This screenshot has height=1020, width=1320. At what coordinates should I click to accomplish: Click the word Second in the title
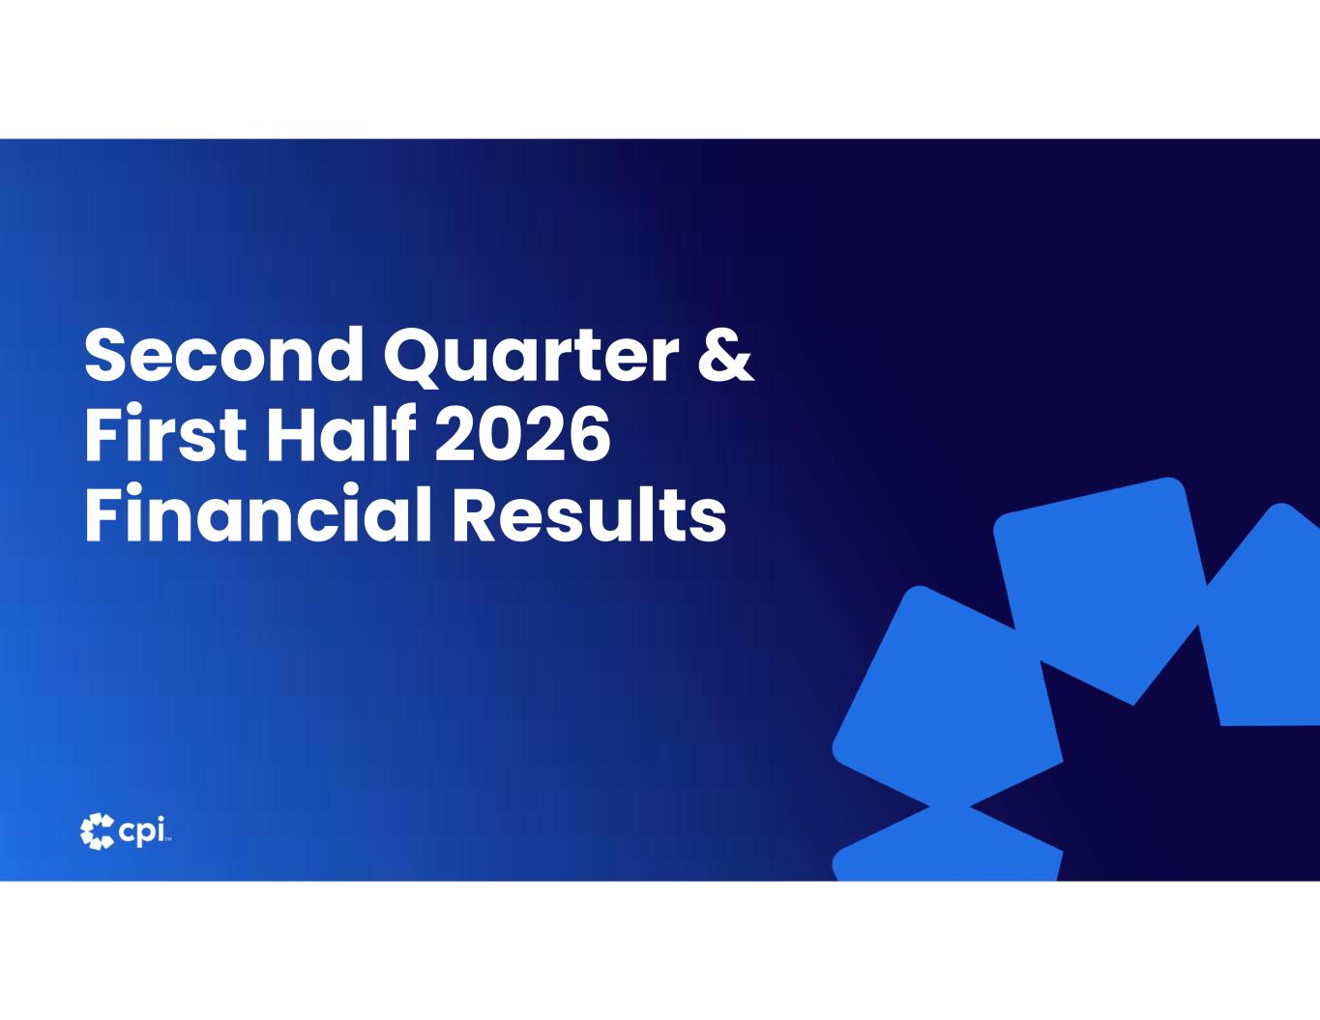224,354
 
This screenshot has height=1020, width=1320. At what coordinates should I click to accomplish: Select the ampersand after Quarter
726,354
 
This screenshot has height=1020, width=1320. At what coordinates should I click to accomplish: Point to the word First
165,433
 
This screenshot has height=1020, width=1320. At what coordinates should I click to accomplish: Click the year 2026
522,433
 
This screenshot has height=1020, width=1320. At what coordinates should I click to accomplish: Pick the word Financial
258,512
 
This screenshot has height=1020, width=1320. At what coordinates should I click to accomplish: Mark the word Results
589,512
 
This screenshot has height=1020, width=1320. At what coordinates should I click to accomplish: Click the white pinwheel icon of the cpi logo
98,831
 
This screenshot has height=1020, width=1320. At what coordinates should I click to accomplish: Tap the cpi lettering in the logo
142,831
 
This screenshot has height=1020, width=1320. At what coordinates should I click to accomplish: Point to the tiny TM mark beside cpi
168,840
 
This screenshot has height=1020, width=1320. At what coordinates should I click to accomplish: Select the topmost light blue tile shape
1100,591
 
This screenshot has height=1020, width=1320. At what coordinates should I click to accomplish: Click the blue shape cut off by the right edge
1264,615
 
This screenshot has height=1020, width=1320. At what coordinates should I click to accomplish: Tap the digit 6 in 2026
588,433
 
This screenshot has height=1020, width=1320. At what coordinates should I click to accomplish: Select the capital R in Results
475,512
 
